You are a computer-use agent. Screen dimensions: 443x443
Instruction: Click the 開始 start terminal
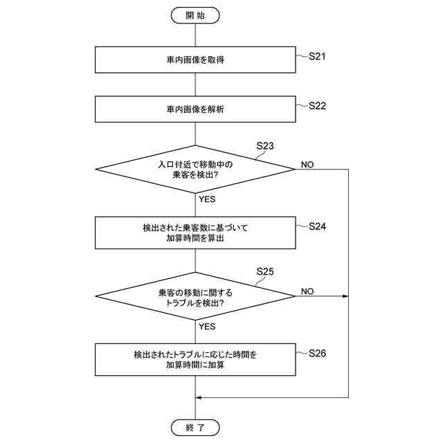195,15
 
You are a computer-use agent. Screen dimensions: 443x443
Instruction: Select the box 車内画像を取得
195,60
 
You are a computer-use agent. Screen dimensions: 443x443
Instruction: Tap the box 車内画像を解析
195,109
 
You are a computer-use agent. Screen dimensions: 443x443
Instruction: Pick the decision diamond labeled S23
195,169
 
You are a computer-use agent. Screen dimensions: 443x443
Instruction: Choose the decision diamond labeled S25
195,297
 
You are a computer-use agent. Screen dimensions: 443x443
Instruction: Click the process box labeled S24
195,233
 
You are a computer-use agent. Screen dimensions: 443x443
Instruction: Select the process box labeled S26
195,360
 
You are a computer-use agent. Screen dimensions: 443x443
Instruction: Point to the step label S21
317,56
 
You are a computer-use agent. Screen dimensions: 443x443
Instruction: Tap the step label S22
317,106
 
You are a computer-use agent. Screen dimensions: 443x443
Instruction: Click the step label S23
265,146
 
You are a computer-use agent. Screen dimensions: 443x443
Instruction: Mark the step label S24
317,226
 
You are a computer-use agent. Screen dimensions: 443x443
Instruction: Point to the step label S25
265,271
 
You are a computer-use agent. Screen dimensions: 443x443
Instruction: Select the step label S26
317,353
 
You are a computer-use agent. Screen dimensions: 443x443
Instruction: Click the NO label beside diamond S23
307,165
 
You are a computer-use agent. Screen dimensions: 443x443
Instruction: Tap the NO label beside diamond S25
307,291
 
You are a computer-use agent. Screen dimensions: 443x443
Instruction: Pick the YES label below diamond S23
207,199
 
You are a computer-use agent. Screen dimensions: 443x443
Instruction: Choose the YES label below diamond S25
207,326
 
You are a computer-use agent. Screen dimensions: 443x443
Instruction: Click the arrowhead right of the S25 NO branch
345,296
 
